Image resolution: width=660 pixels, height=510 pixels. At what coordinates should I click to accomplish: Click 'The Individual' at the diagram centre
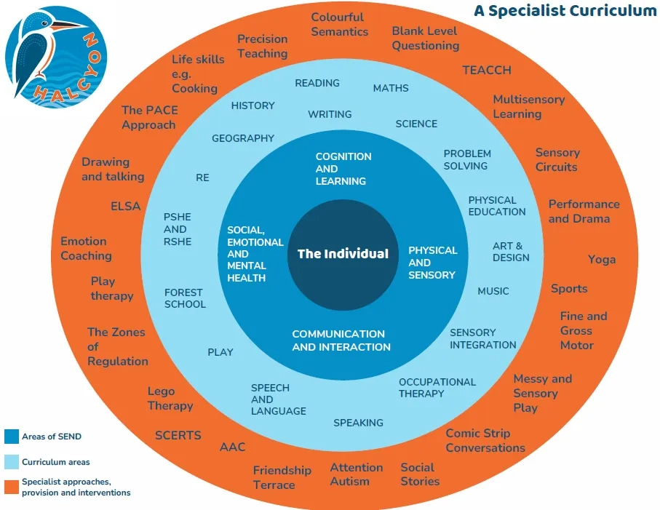(x=343, y=254)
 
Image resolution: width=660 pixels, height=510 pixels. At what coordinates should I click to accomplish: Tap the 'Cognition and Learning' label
(x=343, y=169)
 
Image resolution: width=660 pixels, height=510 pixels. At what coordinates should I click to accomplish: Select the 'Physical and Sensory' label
(x=432, y=263)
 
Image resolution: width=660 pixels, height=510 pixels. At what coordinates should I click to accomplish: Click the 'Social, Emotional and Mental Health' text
(x=245, y=254)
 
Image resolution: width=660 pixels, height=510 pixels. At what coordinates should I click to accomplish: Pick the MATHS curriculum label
(x=391, y=88)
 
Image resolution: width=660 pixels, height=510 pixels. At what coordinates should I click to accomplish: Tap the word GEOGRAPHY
(x=243, y=138)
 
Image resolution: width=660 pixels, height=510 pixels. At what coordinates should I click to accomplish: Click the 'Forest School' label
(x=185, y=298)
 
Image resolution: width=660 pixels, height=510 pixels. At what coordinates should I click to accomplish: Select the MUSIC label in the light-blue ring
(x=493, y=291)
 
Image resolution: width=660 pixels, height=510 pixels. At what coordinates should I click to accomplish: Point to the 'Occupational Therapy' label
(x=437, y=388)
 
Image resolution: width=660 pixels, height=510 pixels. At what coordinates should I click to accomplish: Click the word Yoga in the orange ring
(x=602, y=260)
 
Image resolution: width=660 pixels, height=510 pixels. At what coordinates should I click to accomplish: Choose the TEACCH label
(x=487, y=70)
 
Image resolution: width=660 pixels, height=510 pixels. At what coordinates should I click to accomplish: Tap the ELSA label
(x=125, y=206)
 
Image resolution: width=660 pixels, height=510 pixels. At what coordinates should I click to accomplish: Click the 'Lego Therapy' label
(x=170, y=399)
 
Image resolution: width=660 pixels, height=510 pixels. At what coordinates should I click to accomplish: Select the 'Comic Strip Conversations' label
(x=485, y=440)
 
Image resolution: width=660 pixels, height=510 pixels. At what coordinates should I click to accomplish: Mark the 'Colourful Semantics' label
(x=339, y=24)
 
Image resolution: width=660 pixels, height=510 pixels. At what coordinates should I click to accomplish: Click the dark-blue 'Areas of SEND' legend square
(x=11, y=437)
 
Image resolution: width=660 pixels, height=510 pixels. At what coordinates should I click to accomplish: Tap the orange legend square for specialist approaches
(x=11, y=487)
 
